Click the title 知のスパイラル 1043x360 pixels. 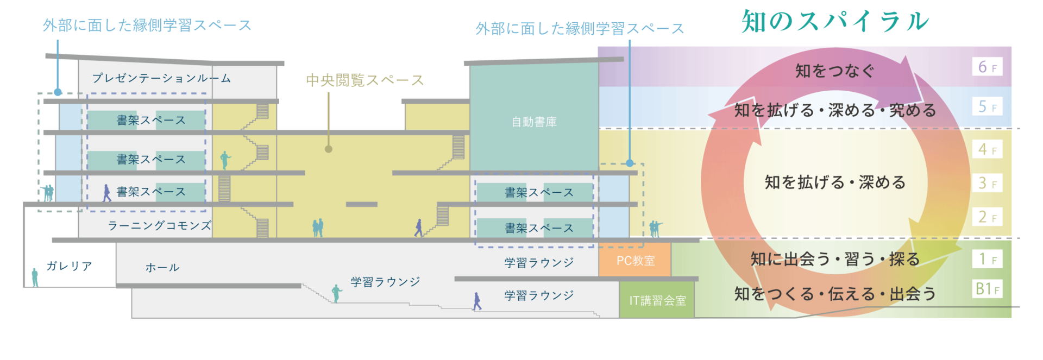[835, 22]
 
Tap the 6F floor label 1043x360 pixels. [987, 67]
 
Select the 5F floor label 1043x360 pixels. [987, 106]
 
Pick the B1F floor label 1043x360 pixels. [987, 288]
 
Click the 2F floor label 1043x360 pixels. [987, 217]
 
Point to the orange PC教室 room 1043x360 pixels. [635, 261]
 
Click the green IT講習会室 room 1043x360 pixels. [657, 300]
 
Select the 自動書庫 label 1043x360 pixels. [534, 122]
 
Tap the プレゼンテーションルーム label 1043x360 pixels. [161, 78]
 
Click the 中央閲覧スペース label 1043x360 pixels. [365, 80]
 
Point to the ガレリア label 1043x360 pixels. [69, 266]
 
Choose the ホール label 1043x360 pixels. [162, 267]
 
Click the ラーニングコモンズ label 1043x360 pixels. [159, 225]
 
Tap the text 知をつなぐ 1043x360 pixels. [835, 71]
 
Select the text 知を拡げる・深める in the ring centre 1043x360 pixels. [835, 182]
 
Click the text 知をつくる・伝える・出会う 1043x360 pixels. [835, 294]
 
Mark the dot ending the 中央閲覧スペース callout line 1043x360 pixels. [329, 149]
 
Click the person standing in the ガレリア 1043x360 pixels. [35, 277]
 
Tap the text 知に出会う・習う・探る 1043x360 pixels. [835, 259]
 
